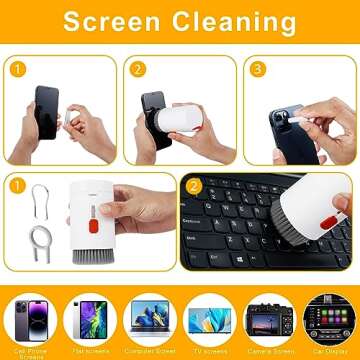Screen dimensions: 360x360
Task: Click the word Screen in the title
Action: pos(114,22)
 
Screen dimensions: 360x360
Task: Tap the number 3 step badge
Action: pos(258,70)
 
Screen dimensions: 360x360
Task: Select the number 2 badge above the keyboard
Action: pos(194,186)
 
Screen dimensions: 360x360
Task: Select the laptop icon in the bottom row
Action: pos(149,318)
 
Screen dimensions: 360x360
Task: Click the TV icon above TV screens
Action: pos(208,318)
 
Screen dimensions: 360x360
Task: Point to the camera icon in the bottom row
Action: pos(268,318)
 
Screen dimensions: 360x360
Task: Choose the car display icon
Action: pos(328,318)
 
